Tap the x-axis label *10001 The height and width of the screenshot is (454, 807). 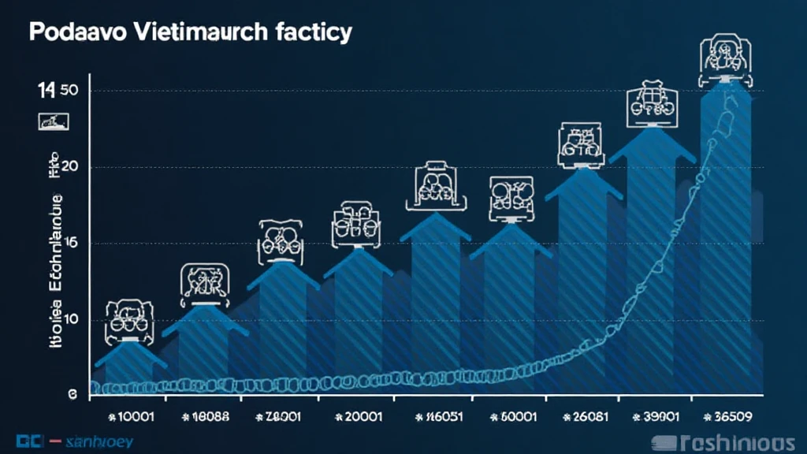coord(131,417)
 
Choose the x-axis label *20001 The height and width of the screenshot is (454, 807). coord(359,417)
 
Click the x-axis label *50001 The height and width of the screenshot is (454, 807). coord(515,417)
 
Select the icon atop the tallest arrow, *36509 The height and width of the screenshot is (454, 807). coord(726,60)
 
